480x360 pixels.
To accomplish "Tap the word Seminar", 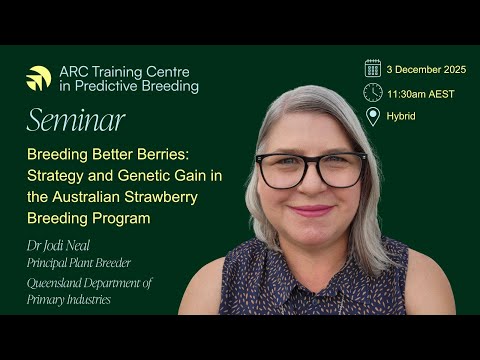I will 76,121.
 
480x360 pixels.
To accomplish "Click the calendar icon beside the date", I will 373,67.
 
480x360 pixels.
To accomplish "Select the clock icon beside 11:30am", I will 373,92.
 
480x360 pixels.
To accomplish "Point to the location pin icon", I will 373,116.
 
